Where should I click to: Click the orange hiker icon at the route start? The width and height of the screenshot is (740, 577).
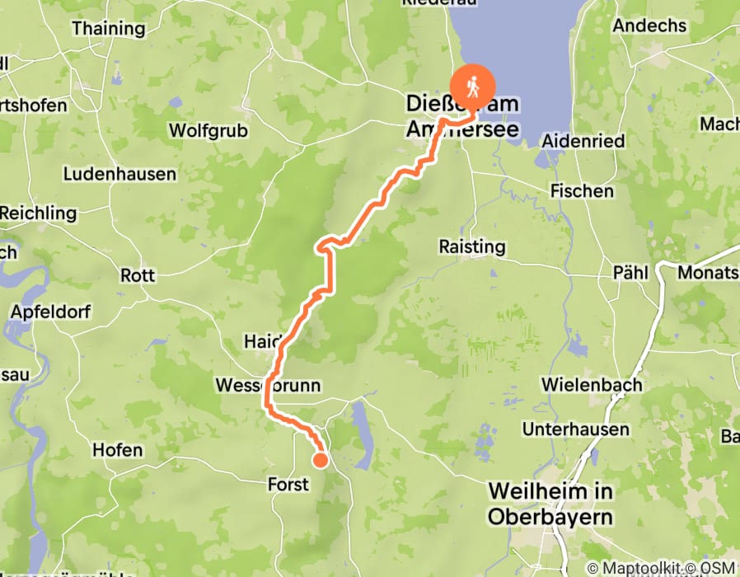pyautogui.click(x=472, y=85)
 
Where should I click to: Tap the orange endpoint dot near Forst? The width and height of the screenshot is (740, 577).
pyautogui.click(x=319, y=460)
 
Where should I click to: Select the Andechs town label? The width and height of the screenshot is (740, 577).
pyautogui.click(x=649, y=25)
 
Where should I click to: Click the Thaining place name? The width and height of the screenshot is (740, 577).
pyautogui.click(x=108, y=28)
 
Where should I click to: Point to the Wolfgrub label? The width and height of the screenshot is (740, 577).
pyautogui.click(x=205, y=130)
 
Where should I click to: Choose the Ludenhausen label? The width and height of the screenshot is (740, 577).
pyautogui.click(x=119, y=174)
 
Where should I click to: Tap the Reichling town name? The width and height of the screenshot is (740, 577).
pyautogui.click(x=38, y=213)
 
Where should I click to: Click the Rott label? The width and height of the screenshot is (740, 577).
pyautogui.click(x=138, y=275)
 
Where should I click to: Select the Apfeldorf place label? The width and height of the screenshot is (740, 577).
pyautogui.click(x=50, y=312)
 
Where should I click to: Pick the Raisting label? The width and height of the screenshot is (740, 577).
pyautogui.click(x=472, y=246)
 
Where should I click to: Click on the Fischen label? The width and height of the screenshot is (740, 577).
pyautogui.click(x=582, y=190)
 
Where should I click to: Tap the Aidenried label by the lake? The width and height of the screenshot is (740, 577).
pyautogui.click(x=583, y=141)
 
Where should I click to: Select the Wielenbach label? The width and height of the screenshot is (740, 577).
pyautogui.click(x=586, y=384)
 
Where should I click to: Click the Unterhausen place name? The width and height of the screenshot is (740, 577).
pyautogui.click(x=575, y=429)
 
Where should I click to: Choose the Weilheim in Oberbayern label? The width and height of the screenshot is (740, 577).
pyautogui.click(x=550, y=504)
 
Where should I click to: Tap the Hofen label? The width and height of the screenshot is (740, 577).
pyautogui.click(x=118, y=450)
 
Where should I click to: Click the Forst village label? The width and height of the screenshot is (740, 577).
pyautogui.click(x=288, y=484)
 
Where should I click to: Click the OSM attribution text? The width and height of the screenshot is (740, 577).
pyautogui.click(x=717, y=568)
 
